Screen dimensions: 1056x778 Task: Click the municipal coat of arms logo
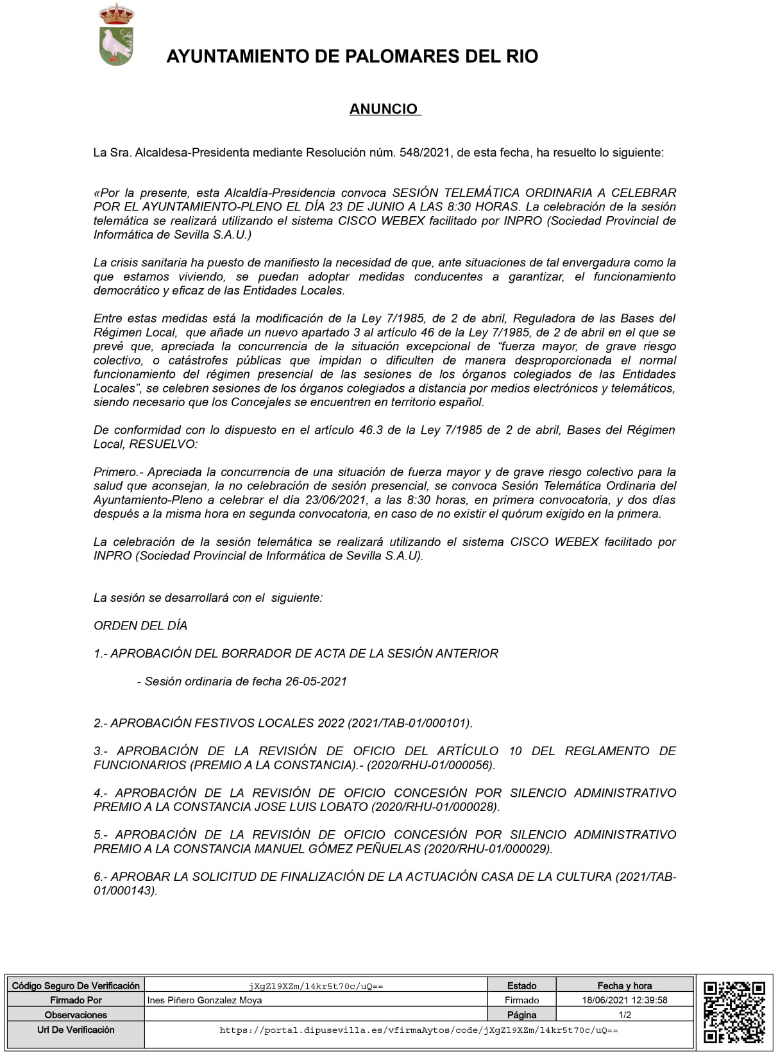click(116, 35)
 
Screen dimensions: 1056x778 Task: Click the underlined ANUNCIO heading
click(384, 109)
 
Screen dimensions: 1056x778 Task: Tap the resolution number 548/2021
click(425, 153)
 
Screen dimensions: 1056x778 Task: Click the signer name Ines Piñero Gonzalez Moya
click(205, 1000)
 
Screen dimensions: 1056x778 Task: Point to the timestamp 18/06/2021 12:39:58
click(624, 1000)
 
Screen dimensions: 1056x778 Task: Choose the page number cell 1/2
click(624, 1015)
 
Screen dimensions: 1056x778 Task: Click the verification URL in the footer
click(418, 1030)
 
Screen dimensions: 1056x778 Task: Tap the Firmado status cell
click(521, 1000)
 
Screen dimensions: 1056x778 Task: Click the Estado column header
click(521, 985)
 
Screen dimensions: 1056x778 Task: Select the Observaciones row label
click(76, 1015)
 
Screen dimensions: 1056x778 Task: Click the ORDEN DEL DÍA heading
click(140, 626)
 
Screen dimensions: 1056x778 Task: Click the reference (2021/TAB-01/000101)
click(410, 723)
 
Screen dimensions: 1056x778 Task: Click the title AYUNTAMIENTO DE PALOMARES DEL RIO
click(352, 56)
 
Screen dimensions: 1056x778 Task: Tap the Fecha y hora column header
click(624, 985)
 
